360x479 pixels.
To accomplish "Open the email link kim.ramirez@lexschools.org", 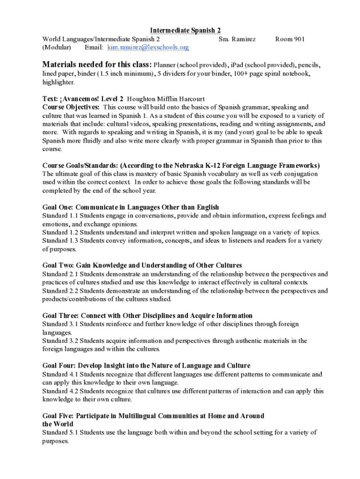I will [x=148, y=48].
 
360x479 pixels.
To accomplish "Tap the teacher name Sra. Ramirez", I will [x=237, y=39].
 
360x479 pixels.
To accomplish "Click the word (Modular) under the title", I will [x=57, y=48].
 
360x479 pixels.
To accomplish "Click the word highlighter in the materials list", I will [x=58, y=82].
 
